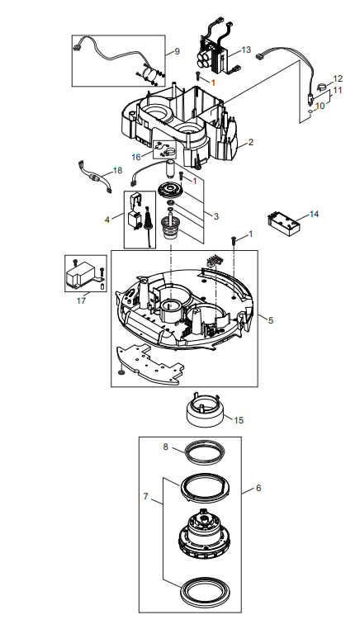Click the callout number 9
pyautogui.click(x=178, y=51)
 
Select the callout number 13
pyautogui.click(x=246, y=50)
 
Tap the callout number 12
pyautogui.click(x=338, y=78)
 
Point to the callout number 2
pyautogui.click(x=251, y=142)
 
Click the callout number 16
pyautogui.click(x=136, y=157)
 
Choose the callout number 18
pyautogui.click(x=118, y=170)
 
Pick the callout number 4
pyautogui.click(x=107, y=220)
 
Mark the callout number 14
pyautogui.click(x=314, y=214)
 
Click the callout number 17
pyautogui.click(x=81, y=300)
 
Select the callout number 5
pyautogui.click(x=271, y=320)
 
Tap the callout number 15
pyautogui.click(x=239, y=420)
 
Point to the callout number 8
pyautogui.click(x=166, y=447)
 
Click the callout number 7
pyautogui.click(x=146, y=497)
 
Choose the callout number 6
pyautogui.click(x=258, y=488)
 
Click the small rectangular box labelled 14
pyautogui.click(x=284, y=225)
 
